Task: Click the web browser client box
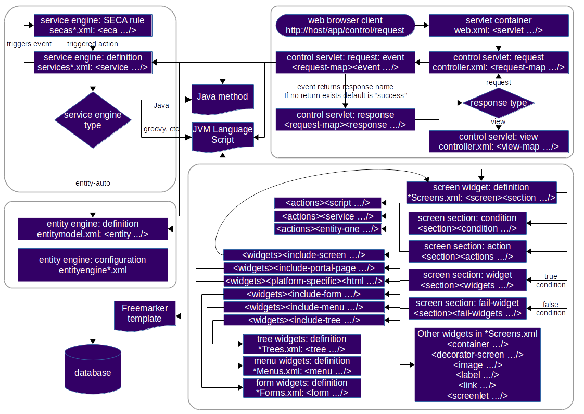[345, 25]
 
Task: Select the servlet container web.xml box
[498, 25]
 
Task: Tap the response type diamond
[498, 103]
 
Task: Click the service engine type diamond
[93, 120]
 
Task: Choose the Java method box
[222, 97]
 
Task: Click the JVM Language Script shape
[222, 135]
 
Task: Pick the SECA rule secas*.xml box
[93, 25]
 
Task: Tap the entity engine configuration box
[93, 265]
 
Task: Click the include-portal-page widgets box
[304, 268]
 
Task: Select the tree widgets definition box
[301, 344]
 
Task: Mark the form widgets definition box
[301, 388]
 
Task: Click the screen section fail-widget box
[467, 308]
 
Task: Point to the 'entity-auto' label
[93, 183]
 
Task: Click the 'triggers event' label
[29, 44]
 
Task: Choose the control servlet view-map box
[498, 141]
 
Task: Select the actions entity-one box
[328, 228]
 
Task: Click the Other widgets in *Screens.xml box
[477, 364]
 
